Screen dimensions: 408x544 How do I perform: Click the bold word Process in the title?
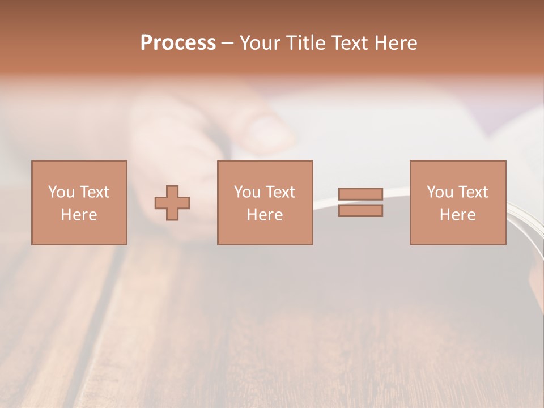coord(178,43)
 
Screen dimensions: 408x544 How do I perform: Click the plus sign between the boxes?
coord(172,203)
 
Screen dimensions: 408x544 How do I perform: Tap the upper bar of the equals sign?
coord(360,194)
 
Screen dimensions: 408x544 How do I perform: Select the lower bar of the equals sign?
coord(360,211)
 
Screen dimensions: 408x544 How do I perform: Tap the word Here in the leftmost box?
coord(79,215)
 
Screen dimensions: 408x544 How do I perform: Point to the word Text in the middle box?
coord(280,192)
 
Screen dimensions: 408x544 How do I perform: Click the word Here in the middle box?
coord(265,215)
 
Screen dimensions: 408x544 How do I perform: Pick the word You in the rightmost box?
coord(440,192)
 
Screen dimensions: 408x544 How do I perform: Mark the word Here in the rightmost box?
coord(457,215)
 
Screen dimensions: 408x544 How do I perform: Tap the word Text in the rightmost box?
coord(473,192)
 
